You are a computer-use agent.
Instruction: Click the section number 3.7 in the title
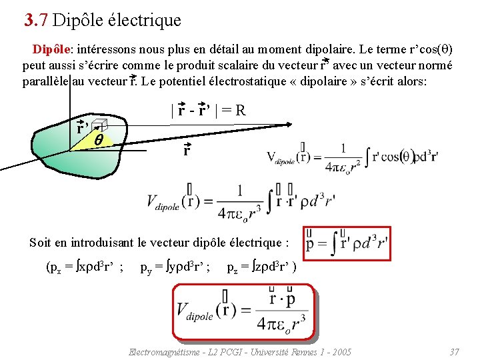[x=35, y=21]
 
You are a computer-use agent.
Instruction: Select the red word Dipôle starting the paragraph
[x=52, y=49]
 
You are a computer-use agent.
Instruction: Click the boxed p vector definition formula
[x=347, y=243]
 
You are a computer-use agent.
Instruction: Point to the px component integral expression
[x=84, y=269]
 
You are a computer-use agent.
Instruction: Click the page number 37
[x=455, y=351]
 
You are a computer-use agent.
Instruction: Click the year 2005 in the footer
[x=340, y=351]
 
